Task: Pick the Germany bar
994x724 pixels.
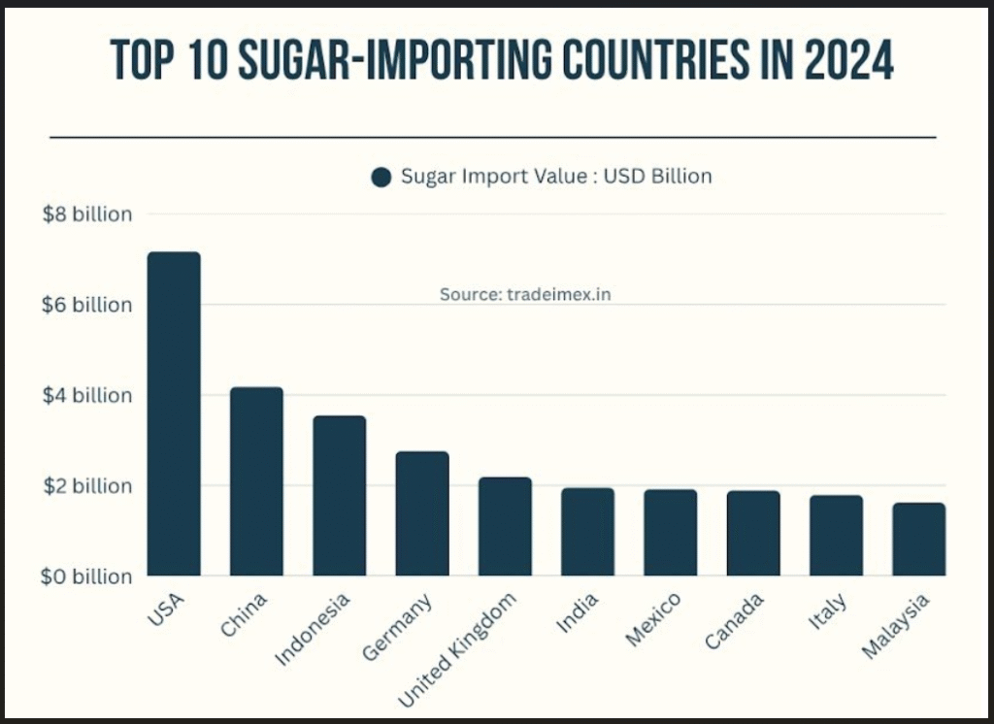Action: tap(422, 513)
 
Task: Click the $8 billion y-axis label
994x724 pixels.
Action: tap(87, 214)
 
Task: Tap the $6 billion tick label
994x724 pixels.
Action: tap(87, 305)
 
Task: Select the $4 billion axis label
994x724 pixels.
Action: tap(87, 395)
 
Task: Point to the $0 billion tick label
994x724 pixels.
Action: tap(87, 576)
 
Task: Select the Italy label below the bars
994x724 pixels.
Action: tap(827, 612)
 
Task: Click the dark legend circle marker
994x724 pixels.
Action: tap(381, 177)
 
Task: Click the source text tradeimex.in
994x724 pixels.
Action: tap(525, 294)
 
